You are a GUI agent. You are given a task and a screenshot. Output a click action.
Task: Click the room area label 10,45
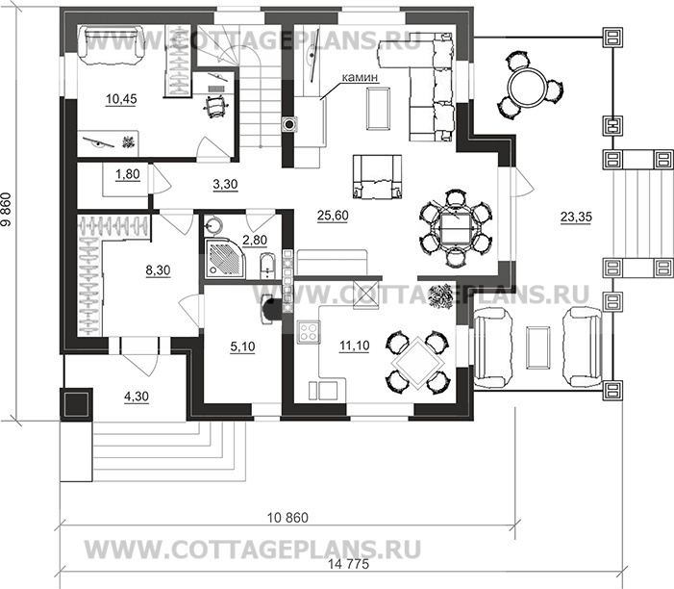tap(121, 99)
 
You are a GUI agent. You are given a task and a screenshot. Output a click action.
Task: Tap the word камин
tap(360, 77)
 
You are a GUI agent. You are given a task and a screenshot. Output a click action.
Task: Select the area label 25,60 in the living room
tap(333, 216)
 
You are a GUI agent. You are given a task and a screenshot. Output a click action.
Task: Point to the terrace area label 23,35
tap(576, 218)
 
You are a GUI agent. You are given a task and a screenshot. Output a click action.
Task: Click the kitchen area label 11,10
tap(354, 346)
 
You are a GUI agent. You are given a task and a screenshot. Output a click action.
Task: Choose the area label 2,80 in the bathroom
tap(255, 240)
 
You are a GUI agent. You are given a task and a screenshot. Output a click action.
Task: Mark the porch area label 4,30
tap(137, 397)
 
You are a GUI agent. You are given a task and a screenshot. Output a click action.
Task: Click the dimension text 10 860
tap(287, 518)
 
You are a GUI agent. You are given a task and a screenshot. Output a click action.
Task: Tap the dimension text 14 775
tap(349, 564)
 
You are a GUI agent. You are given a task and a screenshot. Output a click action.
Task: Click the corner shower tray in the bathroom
tap(223, 258)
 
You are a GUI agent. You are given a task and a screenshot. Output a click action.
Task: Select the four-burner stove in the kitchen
tap(309, 332)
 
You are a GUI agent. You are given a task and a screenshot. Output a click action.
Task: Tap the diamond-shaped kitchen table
tap(420, 362)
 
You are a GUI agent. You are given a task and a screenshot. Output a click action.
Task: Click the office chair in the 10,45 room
tap(216, 106)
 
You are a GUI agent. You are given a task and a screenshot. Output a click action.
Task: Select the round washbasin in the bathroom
tap(213, 225)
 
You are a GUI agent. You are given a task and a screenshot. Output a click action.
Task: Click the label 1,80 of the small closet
tap(128, 174)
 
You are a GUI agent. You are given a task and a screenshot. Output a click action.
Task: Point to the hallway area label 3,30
tap(225, 184)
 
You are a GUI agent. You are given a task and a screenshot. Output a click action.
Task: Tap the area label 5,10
tap(243, 346)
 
